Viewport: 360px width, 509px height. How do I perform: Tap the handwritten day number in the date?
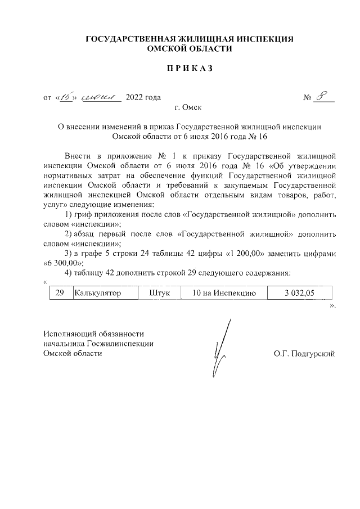click(x=65, y=97)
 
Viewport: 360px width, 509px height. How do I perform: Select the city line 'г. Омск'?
click(x=188, y=107)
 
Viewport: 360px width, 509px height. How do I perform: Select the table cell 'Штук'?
click(x=160, y=293)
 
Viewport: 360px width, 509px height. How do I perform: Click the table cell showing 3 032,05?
click(x=300, y=293)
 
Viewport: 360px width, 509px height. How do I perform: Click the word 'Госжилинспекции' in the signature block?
click(x=125, y=343)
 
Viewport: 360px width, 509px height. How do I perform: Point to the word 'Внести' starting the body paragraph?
click(x=77, y=155)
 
